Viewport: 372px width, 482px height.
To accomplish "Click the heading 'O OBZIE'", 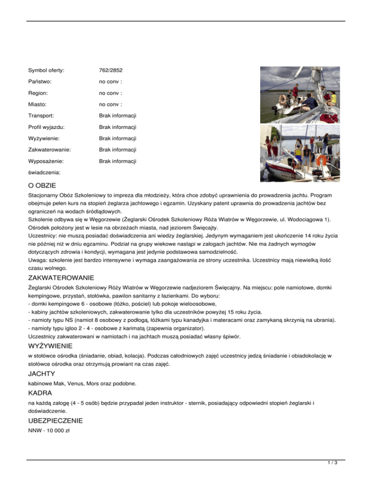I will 43,185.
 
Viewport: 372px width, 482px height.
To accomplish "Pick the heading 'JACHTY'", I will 43,373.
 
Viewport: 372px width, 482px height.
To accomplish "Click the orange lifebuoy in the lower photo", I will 320,161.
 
